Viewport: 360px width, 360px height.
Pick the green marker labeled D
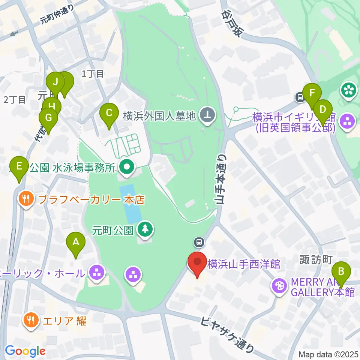(x=323, y=110)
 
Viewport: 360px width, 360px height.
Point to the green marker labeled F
(x=312, y=93)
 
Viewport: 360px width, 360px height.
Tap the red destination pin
(x=197, y=262)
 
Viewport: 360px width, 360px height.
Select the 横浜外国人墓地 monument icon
(x=207, y=115)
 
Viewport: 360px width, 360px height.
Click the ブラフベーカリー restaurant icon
(x=25, y=199)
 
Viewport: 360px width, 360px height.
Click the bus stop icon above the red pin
(x=199, y=242)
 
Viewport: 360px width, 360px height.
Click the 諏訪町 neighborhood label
(x=316, y=259)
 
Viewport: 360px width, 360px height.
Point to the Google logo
(x=25, y=351)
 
